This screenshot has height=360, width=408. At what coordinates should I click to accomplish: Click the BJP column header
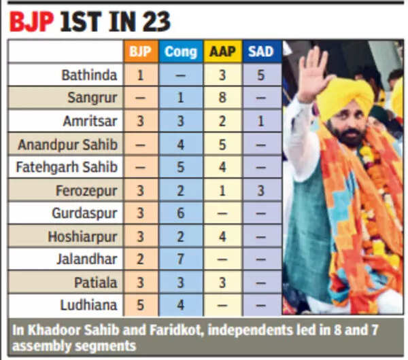click(140, 52)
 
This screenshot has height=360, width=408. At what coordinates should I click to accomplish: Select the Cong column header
click(180, 52)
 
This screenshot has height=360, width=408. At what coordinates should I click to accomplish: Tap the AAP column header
click(222, 52)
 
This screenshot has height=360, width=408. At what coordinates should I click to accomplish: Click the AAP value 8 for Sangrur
click(222, 98)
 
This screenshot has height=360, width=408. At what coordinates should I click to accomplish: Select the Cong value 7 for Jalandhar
click(180, 259)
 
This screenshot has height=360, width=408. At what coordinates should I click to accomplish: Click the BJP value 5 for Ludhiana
click(140, 305)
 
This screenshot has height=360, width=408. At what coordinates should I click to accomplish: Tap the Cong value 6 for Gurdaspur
click(180, 213)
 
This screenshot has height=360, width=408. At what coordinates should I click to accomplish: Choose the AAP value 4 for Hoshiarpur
click(222, 236)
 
